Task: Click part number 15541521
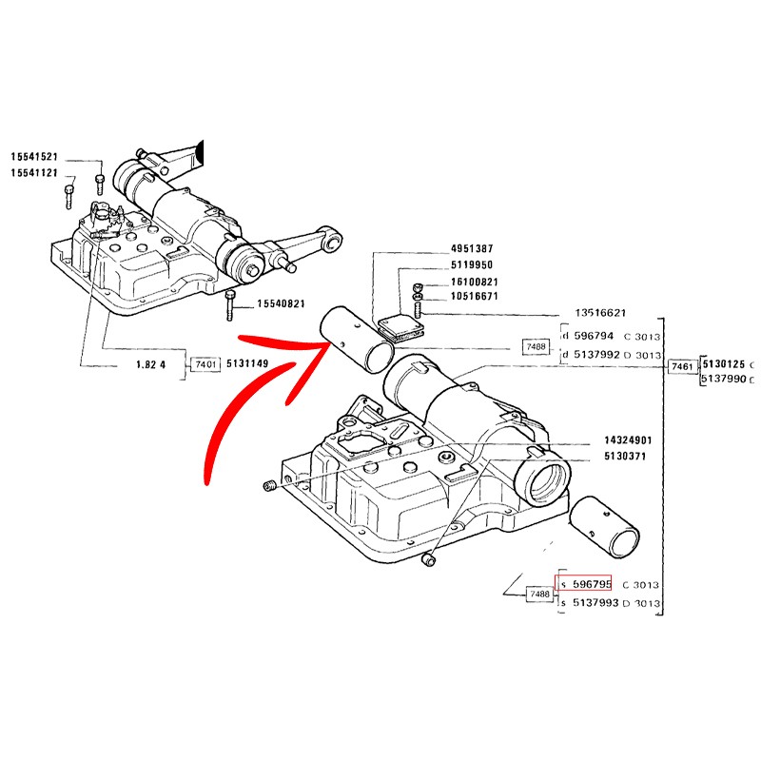click(x=34, y=157)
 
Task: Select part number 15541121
click(x=34, y=173)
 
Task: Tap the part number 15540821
click(x=281, y=303)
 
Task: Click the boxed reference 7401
click(x=205, y=363)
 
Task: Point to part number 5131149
click(x=247, y=363)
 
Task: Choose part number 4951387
click(x=472, y=248)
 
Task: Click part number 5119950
click(x=472, y=264)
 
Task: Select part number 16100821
click(x=475, y=282)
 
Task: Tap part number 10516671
click(x=475, y=296)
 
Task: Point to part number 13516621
click(x=600, y=313)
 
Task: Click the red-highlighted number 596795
click(x=592, y=584)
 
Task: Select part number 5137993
click(x=595, y=603)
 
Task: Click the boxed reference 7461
click(x=682, y=366)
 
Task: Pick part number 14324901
click(x=628, y=440)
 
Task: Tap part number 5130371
click(x=625, y=456)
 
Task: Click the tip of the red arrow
click(x=331, y=343)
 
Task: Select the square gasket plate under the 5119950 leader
click(x=401, y=328)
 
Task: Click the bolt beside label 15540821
click(x=229, y=305)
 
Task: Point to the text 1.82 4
click(x=150, y=364)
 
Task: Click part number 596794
click(x=594, y=336)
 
